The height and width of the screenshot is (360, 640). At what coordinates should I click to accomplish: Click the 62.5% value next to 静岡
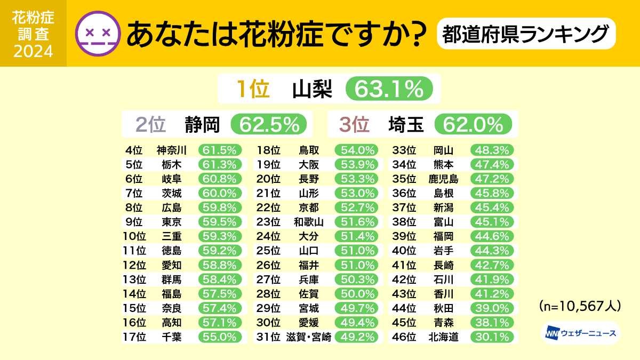coord(269,124)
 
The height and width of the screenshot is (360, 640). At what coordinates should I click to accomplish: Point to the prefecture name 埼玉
coord(406,124)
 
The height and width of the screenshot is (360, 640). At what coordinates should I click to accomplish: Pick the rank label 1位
coord(253,89)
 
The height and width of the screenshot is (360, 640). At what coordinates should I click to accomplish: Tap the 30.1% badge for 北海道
coord(492,337)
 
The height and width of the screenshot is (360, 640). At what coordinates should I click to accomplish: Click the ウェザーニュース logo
coord(579,333)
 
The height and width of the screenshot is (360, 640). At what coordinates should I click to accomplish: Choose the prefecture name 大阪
coord(309,164)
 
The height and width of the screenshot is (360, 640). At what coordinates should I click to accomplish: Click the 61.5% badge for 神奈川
coord(220,150)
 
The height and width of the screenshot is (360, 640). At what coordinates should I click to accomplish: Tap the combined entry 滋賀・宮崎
coord(308,337)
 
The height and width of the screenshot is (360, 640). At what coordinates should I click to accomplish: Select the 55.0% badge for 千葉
coord(220,337)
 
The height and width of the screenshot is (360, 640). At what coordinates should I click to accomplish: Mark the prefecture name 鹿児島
coord(443,179)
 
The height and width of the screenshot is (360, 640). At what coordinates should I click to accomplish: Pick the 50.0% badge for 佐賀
coord(356,293)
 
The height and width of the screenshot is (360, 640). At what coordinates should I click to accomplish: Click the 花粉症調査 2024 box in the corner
coord(33,33)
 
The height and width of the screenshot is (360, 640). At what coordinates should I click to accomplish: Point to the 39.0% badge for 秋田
coord(492,308)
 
